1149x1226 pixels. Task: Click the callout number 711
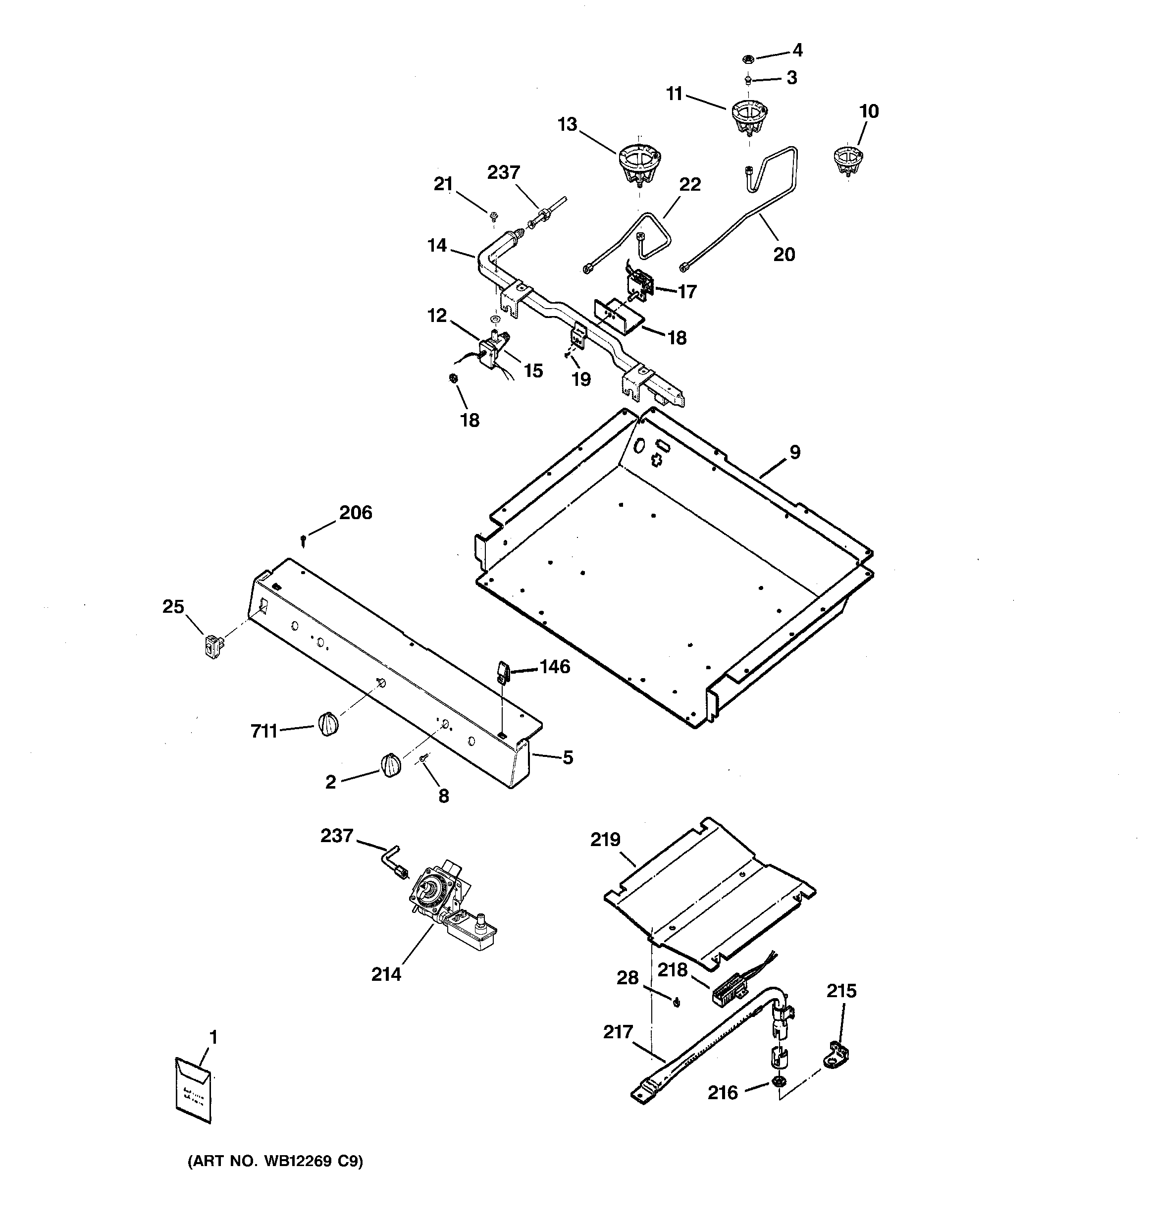pyautogui.click(x=263, y=732)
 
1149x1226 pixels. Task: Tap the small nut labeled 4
pyautogui.click(x=746, y=59)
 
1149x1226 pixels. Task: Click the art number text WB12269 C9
pyautogui.click(x=275, y=1161)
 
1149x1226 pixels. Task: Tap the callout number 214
pyautogui.click(x=386, y=974)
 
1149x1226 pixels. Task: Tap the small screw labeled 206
pyautogui.click(x=304, y=540)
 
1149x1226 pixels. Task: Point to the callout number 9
pyautogui.click(x=795, y=452)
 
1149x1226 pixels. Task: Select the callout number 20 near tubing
pyautogui.click(x=784, y=254)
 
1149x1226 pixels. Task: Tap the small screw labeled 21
pyautogui.click(x=494, y=216)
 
